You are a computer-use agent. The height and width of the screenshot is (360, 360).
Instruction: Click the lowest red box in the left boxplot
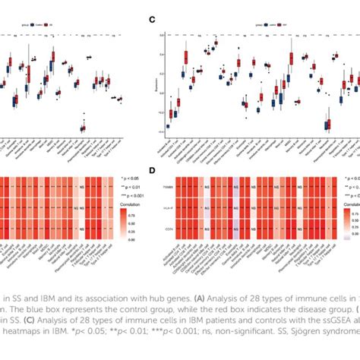tap(83, 128)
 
